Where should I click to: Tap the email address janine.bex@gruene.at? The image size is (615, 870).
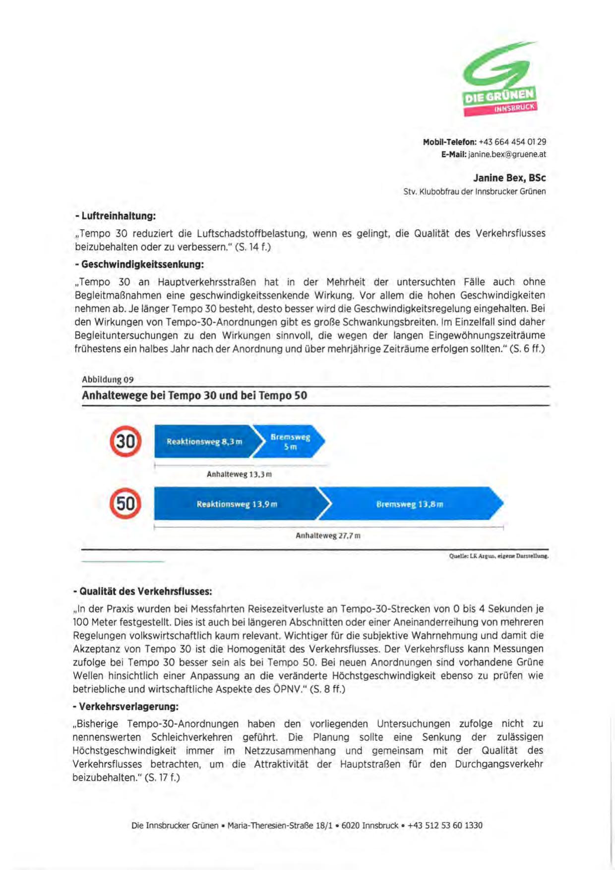pos(507,154)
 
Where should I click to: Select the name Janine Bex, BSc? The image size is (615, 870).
pos(509,178)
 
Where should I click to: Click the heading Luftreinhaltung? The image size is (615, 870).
pos(116,216)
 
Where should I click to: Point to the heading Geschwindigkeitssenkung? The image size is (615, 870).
pos(139,264)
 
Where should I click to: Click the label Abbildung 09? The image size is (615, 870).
pos(108,379)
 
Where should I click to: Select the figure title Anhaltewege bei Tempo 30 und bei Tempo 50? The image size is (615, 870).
pos(194,396)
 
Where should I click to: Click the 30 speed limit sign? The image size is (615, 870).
pos(125,441)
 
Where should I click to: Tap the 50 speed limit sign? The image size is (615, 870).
pos(125,503)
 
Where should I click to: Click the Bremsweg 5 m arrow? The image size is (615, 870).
pos(290,441)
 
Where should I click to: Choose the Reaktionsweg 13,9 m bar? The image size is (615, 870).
pos(237,504)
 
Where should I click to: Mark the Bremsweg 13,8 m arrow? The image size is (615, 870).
pos(410,504)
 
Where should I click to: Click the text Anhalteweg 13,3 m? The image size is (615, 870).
pos(239,474)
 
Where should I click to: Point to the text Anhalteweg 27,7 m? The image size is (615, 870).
pos(328,536)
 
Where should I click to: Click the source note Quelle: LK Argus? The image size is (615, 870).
pos(498,556)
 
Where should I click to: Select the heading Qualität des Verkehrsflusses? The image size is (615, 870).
pos(142,591)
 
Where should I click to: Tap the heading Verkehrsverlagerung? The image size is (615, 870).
pos(125,706)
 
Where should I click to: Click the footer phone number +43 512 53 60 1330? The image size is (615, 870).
pos(445,825)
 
